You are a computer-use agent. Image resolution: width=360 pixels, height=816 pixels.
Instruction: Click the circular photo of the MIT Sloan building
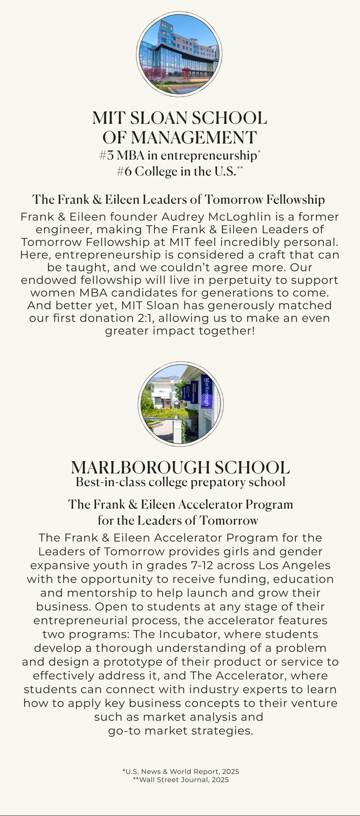click(x=179, y=54)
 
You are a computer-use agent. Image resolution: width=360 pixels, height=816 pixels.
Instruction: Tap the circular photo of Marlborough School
click(x=180, y=404)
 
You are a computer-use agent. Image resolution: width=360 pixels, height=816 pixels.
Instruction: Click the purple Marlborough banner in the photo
click(x=207, y=391)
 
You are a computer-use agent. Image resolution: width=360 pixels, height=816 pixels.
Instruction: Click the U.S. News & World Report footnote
click(x=181, y=771)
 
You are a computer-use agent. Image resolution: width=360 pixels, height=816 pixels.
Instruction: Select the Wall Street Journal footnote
click(x=181, y=780)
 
